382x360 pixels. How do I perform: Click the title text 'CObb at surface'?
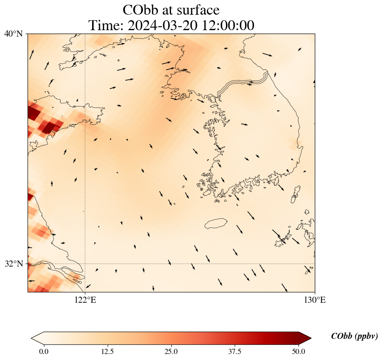[171, 9]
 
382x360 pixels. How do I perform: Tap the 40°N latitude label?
[14, 34]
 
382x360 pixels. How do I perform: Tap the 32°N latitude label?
[14, 264]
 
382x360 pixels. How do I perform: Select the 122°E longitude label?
[85, 300]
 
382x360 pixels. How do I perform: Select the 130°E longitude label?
[315, 300]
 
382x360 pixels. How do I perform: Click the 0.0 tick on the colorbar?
[43, 351]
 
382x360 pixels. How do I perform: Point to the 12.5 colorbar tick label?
[107, 351]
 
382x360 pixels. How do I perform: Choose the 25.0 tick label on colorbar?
[171, 351]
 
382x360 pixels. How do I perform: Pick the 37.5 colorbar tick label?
[235, 351]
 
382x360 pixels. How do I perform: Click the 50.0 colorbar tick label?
[298, 351]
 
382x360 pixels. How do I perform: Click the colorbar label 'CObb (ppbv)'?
[354, 336]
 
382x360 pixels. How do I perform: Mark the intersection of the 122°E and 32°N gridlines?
[85, 264]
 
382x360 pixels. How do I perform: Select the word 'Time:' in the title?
[105, 25]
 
